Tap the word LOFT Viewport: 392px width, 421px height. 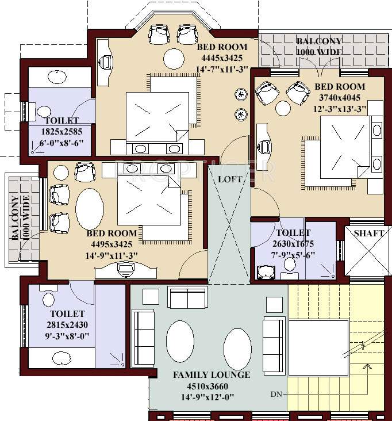click(229, 179)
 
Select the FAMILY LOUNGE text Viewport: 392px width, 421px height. click(212, 375)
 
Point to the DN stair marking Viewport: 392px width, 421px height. click(277, 395)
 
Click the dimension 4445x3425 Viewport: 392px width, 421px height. click(222, 58)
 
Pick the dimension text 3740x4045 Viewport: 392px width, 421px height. click(340, 98)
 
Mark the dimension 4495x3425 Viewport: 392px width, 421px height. click(112, 244)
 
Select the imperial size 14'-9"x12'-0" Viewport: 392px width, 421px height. click(212, 397)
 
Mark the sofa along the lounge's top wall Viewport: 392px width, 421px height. click(186, 297)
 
